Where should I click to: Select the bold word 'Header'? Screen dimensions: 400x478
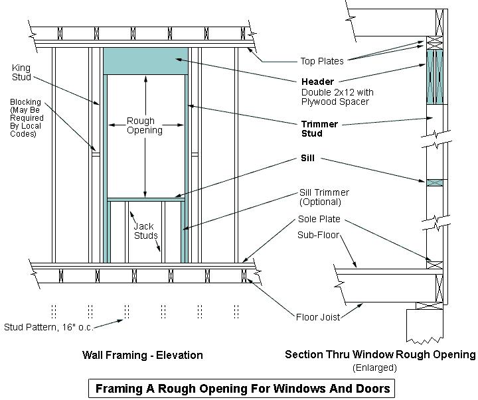click(x=317, y=82)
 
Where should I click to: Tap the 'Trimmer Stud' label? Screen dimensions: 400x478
click(x=319, y=129)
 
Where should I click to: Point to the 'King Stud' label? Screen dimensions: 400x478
click(x=22, y=72)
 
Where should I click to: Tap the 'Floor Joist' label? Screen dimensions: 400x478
click(x=318, y=317)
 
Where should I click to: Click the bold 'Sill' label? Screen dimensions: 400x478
click(x=307, y=159)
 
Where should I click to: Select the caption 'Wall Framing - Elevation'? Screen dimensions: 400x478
click(x=142, y=355)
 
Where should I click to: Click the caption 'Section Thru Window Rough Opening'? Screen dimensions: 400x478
click(x=380, y=355)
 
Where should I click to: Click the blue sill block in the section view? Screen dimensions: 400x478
click(x=434, y=182)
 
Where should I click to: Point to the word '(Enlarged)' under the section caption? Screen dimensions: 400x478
click(x=376, y=367)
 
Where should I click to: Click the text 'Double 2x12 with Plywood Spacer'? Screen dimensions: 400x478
click(x=335, y=97)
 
